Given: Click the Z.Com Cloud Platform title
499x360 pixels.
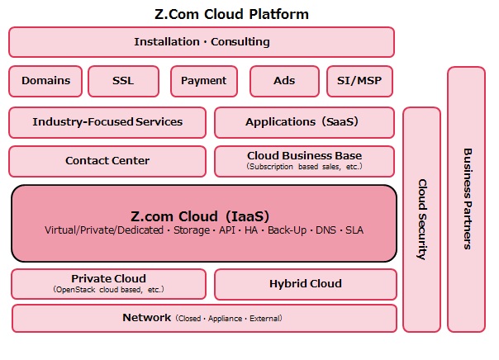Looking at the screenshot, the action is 231,14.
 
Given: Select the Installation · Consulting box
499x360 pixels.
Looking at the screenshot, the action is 202,42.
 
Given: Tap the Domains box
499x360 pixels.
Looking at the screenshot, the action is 45,81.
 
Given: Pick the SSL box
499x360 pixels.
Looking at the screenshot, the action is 123,81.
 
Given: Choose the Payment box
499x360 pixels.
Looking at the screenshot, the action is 204,81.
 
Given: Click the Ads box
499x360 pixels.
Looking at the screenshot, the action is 284,81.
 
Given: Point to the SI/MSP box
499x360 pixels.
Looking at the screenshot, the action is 359,81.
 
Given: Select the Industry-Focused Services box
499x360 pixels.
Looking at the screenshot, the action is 107,122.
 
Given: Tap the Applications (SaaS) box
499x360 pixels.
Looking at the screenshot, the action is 305,122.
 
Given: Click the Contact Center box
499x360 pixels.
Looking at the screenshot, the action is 107,161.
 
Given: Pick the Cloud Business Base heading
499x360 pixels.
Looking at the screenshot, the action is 305,155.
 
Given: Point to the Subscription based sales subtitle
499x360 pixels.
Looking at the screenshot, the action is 305,167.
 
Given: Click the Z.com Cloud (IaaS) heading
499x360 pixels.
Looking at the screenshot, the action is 200,216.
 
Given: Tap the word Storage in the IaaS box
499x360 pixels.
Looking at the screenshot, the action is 192,230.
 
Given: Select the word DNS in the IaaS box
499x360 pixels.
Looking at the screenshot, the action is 326,230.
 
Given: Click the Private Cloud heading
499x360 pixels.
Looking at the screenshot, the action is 108,278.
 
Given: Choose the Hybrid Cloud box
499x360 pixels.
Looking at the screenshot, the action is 306,284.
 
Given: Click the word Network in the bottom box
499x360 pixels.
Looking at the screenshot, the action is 147,317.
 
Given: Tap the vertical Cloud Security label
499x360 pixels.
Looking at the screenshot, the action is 422,220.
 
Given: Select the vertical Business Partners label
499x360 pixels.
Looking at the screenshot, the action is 467,199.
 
